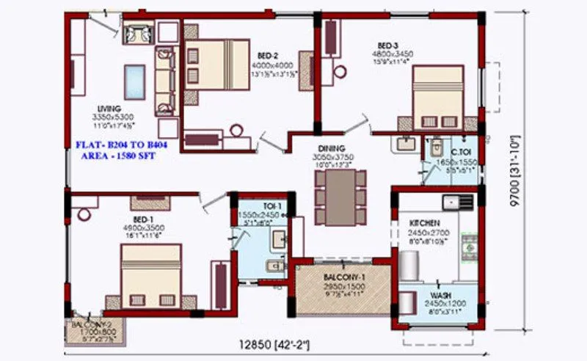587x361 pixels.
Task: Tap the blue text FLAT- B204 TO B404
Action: [122, 145]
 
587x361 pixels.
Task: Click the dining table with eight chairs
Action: [340, 197]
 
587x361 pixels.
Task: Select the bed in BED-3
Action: [438, 97]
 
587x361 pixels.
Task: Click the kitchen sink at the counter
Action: [451, 200]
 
